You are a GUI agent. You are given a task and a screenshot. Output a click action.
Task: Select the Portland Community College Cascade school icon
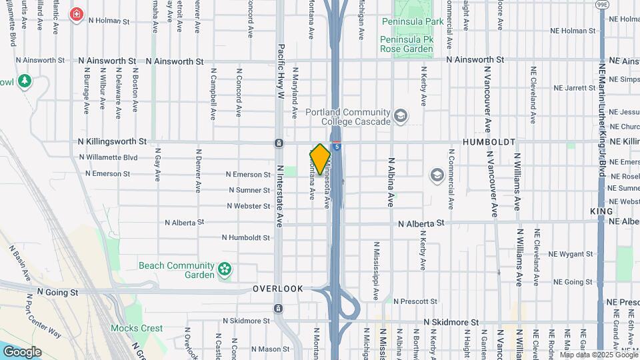(401, 117)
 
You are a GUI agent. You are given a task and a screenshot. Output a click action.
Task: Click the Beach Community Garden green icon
(225, 270)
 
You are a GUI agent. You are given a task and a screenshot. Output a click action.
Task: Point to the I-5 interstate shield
(339, 146)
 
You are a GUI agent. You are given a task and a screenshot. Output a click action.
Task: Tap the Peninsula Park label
(413, 21)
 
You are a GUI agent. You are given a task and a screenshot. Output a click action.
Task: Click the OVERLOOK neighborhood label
(278, 289)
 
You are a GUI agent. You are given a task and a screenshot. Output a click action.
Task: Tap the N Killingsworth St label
(112, 141)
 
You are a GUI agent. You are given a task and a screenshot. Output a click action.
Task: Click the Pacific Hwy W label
(281, 71)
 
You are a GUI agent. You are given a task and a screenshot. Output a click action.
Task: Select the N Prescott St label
(419, 301)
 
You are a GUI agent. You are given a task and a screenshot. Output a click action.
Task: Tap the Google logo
(22, 351)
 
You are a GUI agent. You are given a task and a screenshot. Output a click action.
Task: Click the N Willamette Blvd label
(108, 157)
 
